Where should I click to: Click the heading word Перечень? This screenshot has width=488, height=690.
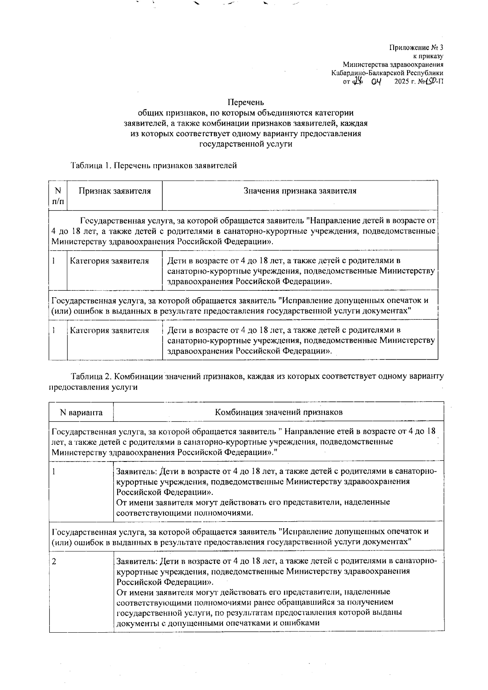(x=246, y=102)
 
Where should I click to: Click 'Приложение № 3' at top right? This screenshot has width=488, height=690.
(x=416, y=48)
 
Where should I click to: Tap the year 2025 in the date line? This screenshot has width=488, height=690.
(x=404, y=81)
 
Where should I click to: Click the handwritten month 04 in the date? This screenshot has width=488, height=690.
(x=378, y=81)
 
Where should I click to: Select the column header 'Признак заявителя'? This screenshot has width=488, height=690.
(x=114, y=191)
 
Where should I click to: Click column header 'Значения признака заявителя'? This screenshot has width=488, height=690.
(x=300, y=191)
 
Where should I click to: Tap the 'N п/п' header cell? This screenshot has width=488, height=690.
(x=58, y=196)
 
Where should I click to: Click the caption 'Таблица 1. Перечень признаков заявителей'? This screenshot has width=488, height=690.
(x=153, y=165)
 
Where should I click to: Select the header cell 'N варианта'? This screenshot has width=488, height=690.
(x=81, y=412)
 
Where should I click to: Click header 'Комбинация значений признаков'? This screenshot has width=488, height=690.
(x=279, y=412)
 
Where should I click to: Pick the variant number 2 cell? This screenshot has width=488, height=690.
(x=54, y=562)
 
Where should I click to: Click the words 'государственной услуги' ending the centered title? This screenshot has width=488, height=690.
(x=246, y=144)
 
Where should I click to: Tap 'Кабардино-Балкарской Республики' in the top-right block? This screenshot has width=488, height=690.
(x=387, y=73)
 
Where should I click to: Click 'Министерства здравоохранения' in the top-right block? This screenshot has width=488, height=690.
(x=393, y=65)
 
